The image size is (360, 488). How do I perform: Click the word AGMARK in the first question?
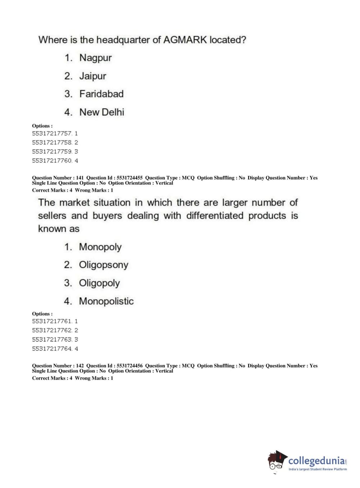click(x=185, y=40)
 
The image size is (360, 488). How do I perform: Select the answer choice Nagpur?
click(x=95, y=58)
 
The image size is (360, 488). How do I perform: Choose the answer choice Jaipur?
click(x=93, y=76)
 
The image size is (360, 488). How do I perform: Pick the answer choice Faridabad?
click(x=101, y=94)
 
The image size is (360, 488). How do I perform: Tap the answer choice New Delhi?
click(x=102, y=112)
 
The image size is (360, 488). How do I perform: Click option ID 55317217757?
click(x=52, y=134)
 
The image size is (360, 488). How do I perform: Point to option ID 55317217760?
click(x=52, y=161)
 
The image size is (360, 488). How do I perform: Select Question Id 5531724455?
click(x=114, y=178)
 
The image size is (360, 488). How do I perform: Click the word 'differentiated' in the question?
click(x=215, y=216)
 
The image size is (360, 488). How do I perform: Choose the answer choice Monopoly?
click(x=100, y=247)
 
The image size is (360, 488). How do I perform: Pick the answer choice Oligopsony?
click(x=104, y=265)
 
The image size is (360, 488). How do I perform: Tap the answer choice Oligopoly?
click(x=99, y=283)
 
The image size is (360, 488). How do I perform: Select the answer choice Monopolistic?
click(x=106, y=301)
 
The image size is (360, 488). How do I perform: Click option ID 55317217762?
click(x=52, y=330)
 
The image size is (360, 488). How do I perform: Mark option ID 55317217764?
click(x=52, y=349)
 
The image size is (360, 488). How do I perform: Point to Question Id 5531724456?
click(x=114, y=366)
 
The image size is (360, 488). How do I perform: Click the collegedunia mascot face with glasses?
click(x=276, y=462)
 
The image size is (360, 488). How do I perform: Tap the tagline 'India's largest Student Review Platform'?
click(x=318, y=469)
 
